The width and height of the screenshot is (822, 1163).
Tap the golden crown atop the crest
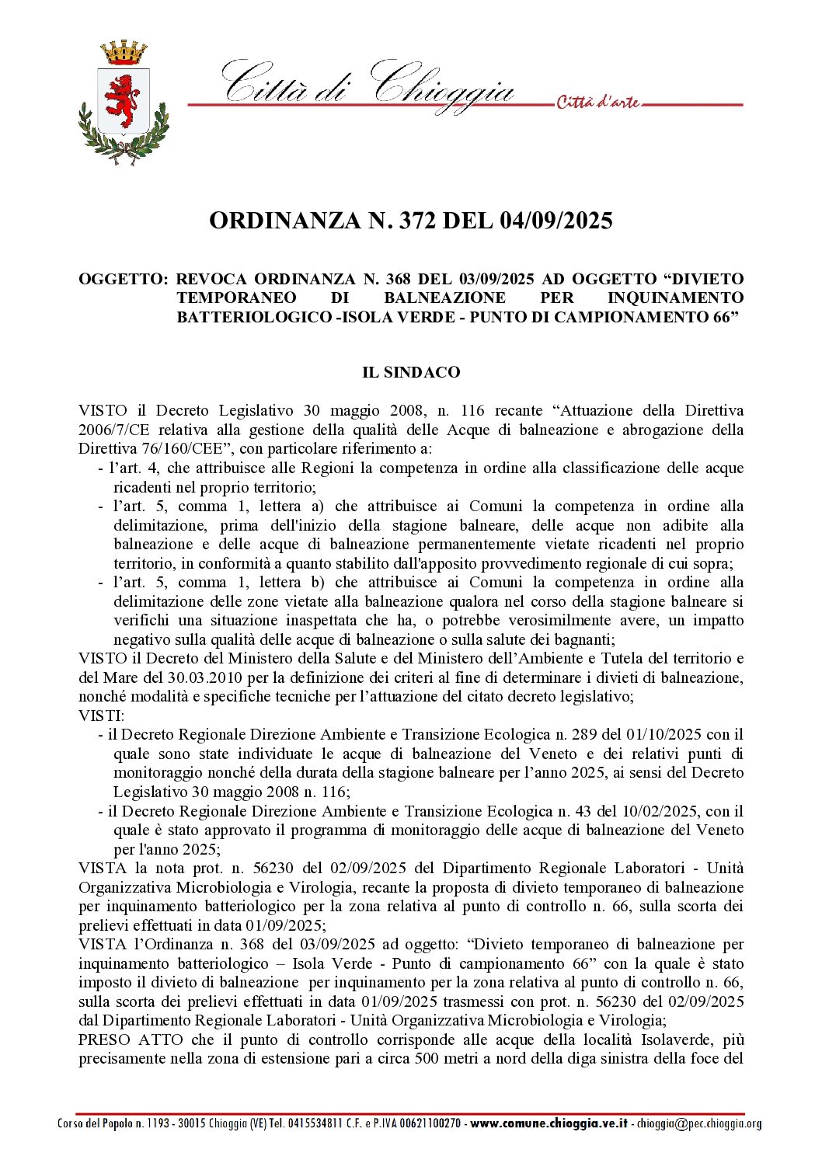[x=124, y=53]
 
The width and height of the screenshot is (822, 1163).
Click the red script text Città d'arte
[x=597, y=103]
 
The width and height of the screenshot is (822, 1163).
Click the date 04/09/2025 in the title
[x=556, y=221]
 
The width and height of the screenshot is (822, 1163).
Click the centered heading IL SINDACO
[x=411, y=372]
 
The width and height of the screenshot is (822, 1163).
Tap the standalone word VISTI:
[x=101, y=716]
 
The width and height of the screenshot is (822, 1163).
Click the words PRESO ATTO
[x=131, y=1039]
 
